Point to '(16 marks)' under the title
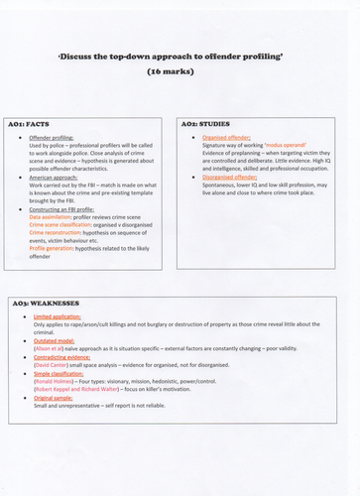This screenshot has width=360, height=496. pyautogui.click(x=180, y=72)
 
